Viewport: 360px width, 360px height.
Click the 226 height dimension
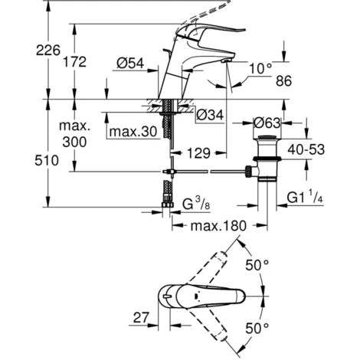pyautogui.click(x=48, y=51)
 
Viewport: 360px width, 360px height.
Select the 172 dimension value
pyautogui.click(x=75, y=62)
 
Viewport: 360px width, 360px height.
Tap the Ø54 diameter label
pyautogui.click(x=130, y=63)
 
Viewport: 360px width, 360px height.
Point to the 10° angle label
pyautogui.click(x=260, y=68)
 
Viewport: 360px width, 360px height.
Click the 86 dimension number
pyautogui.click(x=283, y=81)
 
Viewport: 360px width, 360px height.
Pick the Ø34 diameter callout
pyautogui.click(x=210, y=115)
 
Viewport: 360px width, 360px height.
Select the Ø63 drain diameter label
pyautogui.click(x=267, y=123)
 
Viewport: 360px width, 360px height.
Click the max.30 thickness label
pyautogui.click(x=133, y=132)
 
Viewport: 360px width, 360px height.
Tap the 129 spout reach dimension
pyautogui.click(x=198, y=153)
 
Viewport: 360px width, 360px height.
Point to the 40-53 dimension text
pyautogui.click(x=306, y=149)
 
